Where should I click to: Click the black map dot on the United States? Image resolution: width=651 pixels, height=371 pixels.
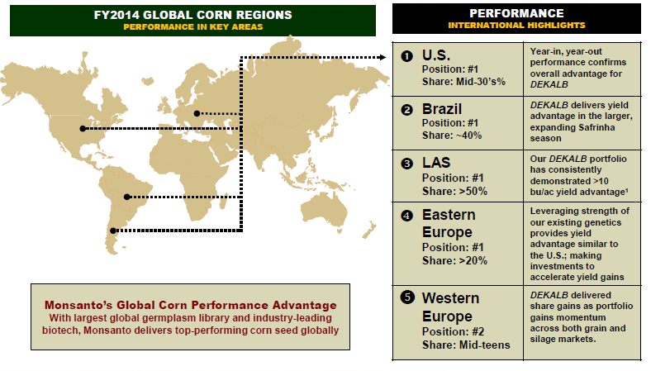pyautogui.click(x=83, y=129)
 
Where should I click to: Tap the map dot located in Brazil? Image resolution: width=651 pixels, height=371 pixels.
pyautogui.click(x=127, y=197)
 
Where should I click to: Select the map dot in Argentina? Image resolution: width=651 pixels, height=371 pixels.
pyautogui.click(x=113, y=231)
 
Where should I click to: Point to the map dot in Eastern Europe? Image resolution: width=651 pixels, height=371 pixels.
pyautogui.click(x=197, y=113)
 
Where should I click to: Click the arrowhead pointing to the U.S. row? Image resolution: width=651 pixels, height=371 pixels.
pyautogui.click(x=383, y=57)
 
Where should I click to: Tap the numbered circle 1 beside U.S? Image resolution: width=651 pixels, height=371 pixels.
pyautogui.click(x=406, y=56)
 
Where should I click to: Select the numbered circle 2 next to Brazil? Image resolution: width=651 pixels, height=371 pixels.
pyautogui.click(x=406, y=110)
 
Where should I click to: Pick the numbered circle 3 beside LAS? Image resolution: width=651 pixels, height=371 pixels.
pyautogui.click(x=406, y=164)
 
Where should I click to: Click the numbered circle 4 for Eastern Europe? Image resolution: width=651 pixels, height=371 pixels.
pyautogui.click(x=406, y=216)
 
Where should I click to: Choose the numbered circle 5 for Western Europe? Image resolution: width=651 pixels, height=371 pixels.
pyautogui.click(x=407, y=297)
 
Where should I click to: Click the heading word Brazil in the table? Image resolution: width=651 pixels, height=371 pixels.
pyautogui.click(x=442, y=109)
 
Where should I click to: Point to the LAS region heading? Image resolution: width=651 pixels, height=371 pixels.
pyautogui.click(x=436, y=163)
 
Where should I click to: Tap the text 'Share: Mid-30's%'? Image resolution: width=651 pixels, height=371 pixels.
pyautogui.click(x=463, y=82)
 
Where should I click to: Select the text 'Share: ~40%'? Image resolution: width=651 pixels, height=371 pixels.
pyautogui.click(x=452, y=136)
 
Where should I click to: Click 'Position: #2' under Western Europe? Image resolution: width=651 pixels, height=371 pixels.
pyautogui.click(x=453, y=331)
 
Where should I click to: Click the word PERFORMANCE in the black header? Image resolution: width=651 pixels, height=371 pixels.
pyautogui.click(x=516, y=13)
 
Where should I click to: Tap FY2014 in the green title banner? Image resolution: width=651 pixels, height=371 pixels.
pyautogui.click(x=116, y=15)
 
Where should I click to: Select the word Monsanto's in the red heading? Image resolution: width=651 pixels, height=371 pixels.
pyautogui.click(x=78, y=305)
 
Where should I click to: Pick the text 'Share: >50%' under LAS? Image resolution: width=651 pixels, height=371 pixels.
pyautogui.click(x=454, y=191)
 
